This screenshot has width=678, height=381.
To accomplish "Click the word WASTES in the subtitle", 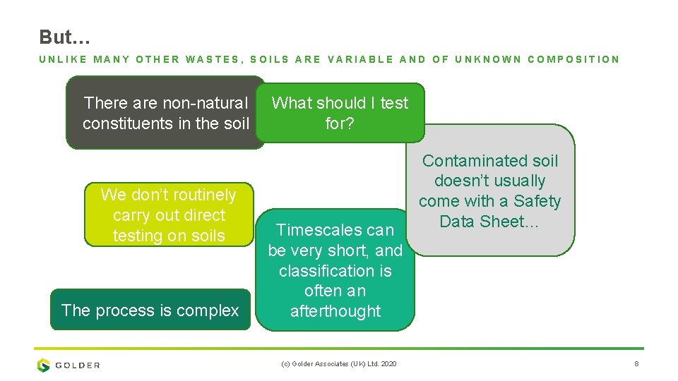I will pyautogui.click(x=213, y=59).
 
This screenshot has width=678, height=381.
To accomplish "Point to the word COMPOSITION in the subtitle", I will pyautogui.click(x=573, y=59).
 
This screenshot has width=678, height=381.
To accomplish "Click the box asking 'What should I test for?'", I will pyautogui.click(x=340, y=113).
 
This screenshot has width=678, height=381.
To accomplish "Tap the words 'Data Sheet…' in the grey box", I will pyautogui.click(x=489, y=222).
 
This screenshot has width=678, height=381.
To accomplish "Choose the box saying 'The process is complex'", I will pyautogui.click(x=150, y=310).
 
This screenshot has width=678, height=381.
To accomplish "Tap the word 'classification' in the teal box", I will pyautogui.click(x=335, y=271).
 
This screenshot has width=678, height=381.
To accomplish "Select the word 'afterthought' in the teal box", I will pyautogui.click(x=335, y=311).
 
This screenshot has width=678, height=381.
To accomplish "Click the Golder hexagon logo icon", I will pyautogui.click(x=44, y=365).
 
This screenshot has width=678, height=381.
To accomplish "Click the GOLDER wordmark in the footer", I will pyautogui.click(x=77, y=365).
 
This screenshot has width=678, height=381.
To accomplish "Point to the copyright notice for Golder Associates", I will pyautogui.click(x=338, y=364).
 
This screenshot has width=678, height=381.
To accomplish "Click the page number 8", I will pyautogui.click(x=636, y=364).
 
